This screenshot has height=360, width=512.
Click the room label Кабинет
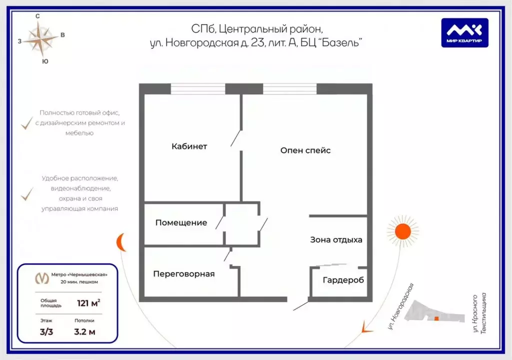(189, 146)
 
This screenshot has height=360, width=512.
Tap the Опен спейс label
(305, 150)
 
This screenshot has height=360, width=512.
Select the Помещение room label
(181, 222)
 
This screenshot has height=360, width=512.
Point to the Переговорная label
(183, 273)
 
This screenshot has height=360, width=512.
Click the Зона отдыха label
(336, 239)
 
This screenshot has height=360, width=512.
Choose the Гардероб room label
(343, 280)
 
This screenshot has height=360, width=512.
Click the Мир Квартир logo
(464, 32)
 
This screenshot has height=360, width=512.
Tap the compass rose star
(42, 39)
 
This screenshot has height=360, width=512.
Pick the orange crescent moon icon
(121, 243)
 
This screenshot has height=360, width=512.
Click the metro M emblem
(39, 277)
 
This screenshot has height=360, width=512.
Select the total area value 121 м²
(88, 302)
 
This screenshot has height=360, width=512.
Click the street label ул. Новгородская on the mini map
(401, 306)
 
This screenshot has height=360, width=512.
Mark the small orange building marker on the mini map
(436, 318)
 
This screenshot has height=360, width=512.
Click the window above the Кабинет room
(198, 89)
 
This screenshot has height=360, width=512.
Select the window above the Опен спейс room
(289, 89)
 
